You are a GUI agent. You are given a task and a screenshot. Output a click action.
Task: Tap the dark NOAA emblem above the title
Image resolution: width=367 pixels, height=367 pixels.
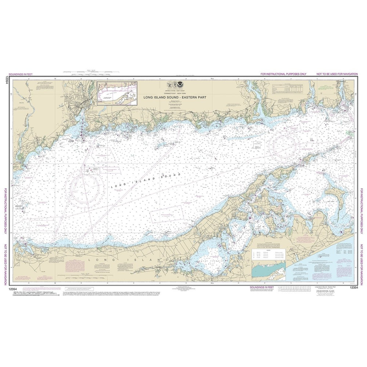[180, 85]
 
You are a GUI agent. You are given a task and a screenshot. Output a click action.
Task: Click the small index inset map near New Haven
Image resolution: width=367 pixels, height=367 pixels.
[117, 93]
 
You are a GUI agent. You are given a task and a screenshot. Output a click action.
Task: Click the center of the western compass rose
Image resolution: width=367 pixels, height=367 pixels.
[84, 190]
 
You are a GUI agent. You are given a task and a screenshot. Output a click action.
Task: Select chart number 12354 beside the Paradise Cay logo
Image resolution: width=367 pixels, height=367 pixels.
[353, 288]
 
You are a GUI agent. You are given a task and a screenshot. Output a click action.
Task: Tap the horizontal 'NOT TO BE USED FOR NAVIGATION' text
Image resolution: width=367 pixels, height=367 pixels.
[337, 75]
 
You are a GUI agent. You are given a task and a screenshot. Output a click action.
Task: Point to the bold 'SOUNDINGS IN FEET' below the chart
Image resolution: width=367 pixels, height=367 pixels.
[261, 287]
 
